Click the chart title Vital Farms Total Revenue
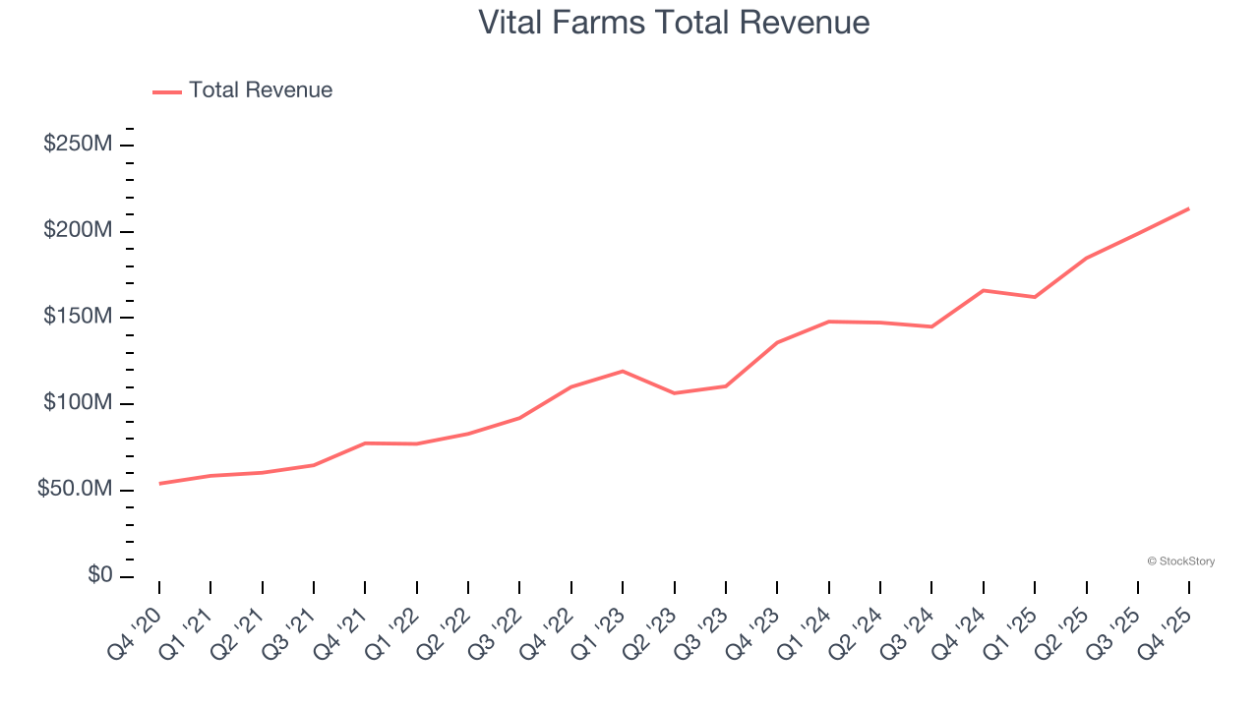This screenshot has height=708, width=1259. pyautogui.click(x=674, y=23)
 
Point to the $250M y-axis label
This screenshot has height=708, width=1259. pyautogui.click(x=78, y=145)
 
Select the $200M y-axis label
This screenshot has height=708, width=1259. pyautogui.click(x=78, y=231)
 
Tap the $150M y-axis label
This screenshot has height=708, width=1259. pyautogui.click(x=78, y=317)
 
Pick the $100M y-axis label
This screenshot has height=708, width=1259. pyautogui.click(x=78, y=403)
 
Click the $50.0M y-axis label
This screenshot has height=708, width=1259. pyautogui.click(x=75, y=490)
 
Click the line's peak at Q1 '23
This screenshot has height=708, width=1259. pyautogui.click(x=623, y=371)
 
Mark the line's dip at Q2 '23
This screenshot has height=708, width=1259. pyautogui.click(x=674, y=393)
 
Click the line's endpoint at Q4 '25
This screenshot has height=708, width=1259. pyautogui.click(x=1188, y=208)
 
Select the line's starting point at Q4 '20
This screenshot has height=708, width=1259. pyautogui.click(x=159, y=484)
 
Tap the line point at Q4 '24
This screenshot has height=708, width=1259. pyautogui.click(x=983, y=290)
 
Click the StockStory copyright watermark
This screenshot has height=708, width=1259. pyautogui.click(x=1180, y=561)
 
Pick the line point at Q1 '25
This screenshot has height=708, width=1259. pyautogui.click(x=1035, y=297)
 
